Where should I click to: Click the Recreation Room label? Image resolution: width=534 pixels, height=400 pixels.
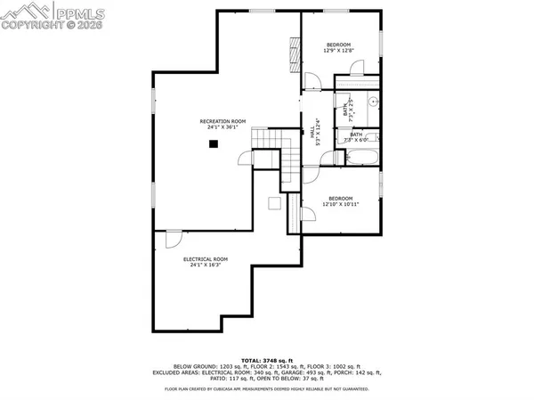pos(222,121)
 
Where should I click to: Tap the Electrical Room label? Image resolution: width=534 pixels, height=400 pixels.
pos(206,259)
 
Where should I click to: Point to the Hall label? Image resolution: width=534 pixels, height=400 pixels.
pos(313,132)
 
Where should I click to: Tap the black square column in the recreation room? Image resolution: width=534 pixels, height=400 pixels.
pos(214,148)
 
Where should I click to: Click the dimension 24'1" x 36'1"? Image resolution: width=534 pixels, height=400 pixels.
pos(222,128)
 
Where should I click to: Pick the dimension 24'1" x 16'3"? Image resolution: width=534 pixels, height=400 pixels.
pos(206,265)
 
